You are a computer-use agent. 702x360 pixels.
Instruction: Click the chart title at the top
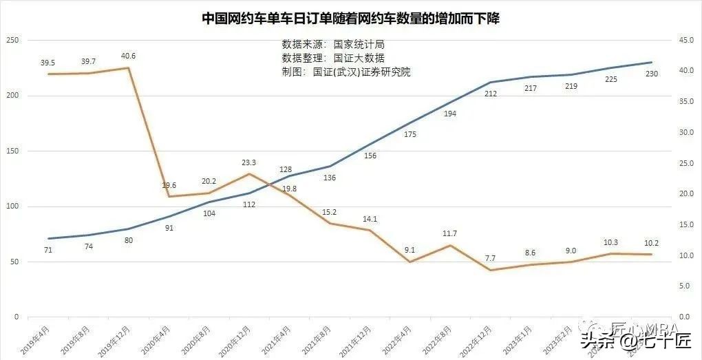[x=350, y=19]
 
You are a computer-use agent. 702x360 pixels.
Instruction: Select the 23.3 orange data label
[x=249, y=162]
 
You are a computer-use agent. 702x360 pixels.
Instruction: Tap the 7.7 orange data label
[x=490, y=258]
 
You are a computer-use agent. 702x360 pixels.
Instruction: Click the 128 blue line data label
[x=289, y=169]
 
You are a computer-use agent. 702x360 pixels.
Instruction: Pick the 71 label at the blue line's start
[x=48, y=250]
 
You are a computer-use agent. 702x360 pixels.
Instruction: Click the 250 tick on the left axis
[x=12, y=41]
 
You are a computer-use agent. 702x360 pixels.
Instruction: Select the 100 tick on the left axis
[x=12, y=207]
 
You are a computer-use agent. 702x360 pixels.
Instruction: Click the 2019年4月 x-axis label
[x=34, y=340]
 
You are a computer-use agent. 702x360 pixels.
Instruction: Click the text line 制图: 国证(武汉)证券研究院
[x=345, y=72]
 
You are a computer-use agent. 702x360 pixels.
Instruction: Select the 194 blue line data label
[x=450, y=114]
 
